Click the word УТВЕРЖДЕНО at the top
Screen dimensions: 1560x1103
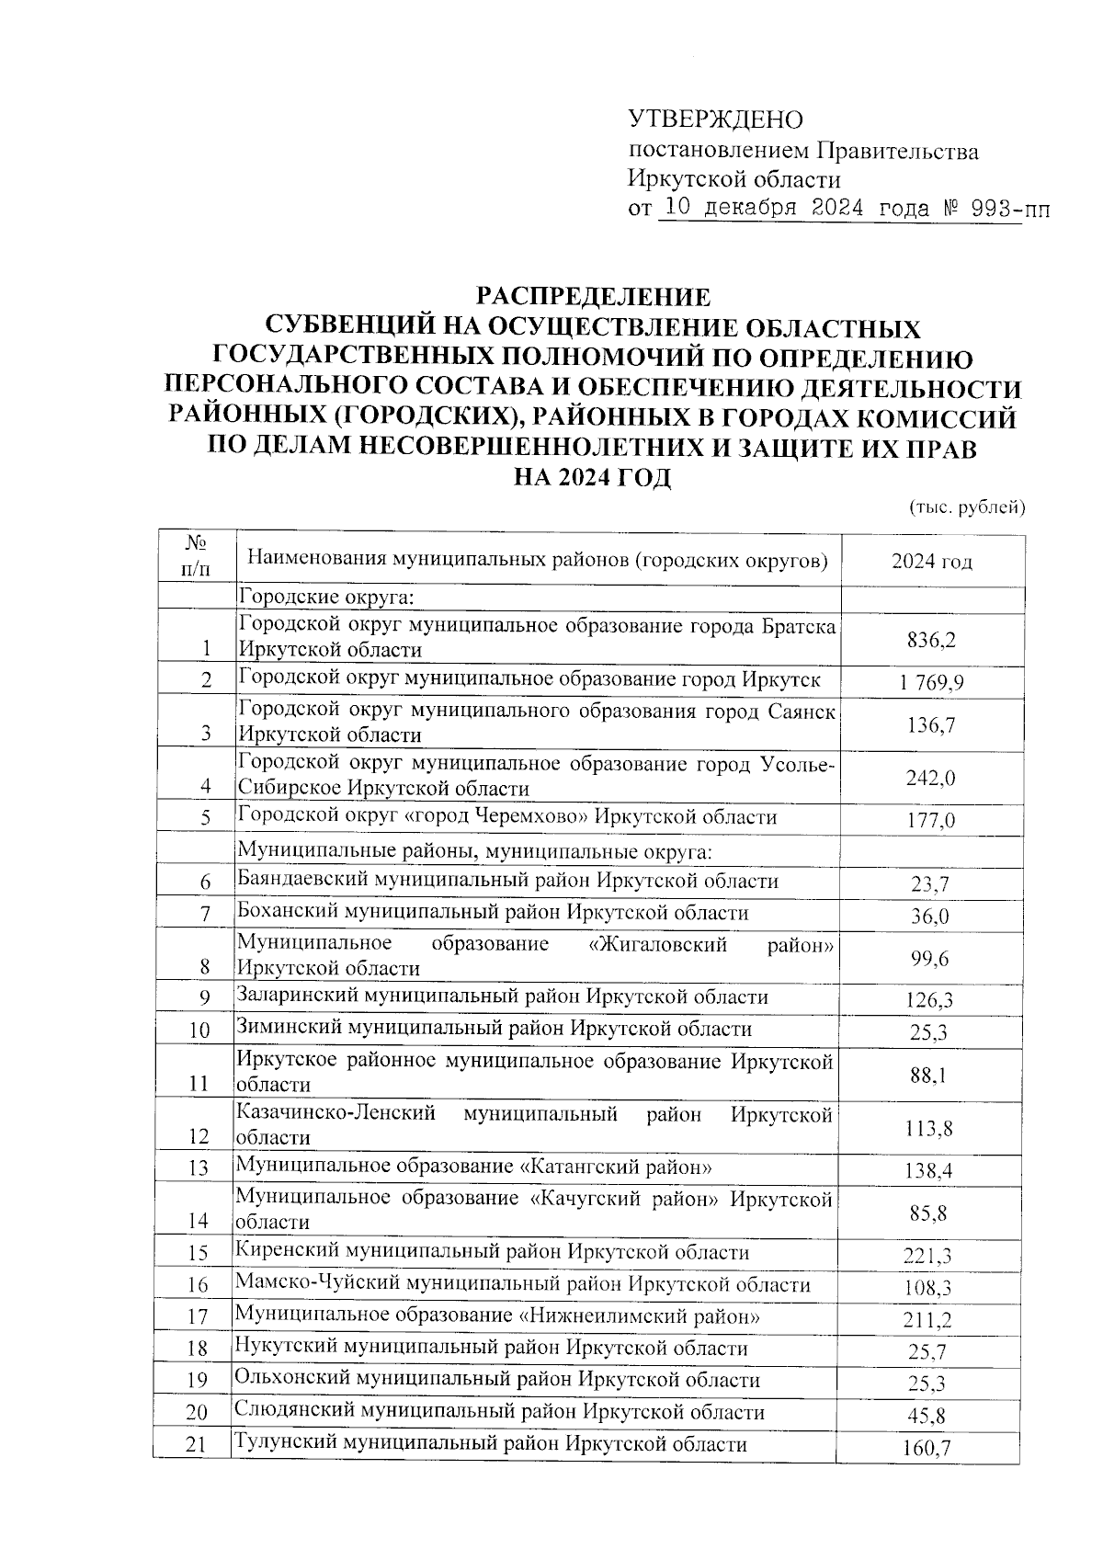715,120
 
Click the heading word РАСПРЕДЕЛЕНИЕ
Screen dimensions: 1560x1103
593,296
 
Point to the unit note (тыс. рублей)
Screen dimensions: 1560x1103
966,507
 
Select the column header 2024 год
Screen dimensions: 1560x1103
931,563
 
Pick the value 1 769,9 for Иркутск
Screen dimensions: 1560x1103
931,682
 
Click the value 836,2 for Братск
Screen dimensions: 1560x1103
931,641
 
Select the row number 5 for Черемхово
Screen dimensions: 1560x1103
206,818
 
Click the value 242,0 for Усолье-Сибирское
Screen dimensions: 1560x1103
931,778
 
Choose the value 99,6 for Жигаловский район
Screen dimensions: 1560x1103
930,959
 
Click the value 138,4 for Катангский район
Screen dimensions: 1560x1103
930,1171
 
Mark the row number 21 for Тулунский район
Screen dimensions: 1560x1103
194,1446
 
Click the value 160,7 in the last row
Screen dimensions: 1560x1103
929,1450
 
